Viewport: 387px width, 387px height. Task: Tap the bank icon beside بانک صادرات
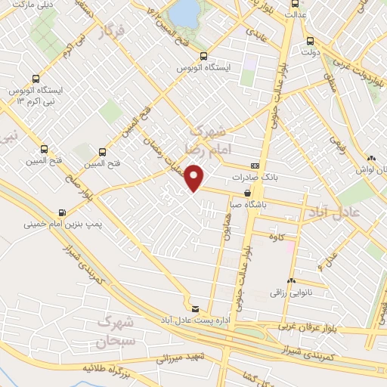click(255, 167)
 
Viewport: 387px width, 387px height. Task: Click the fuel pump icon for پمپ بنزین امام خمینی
click(61, 212)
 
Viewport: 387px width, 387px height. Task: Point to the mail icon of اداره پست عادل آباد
click(196, 309)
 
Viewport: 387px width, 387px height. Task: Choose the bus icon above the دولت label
click(310, 42)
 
